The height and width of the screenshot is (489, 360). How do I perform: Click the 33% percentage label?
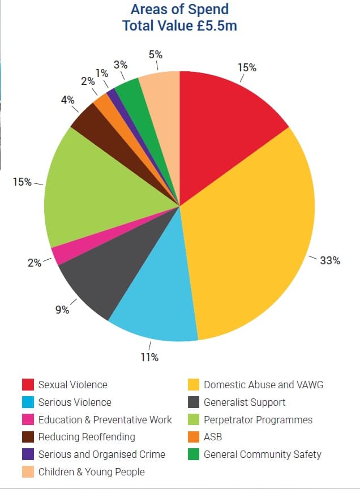(330, 260)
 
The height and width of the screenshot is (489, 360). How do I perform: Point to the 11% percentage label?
(149, 357)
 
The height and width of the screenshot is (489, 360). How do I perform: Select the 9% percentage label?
(62, 310)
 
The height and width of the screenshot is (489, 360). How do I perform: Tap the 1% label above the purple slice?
(102, 73)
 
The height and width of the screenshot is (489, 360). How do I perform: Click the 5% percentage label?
(156, 55)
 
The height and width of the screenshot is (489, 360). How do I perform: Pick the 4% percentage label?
(67, 100)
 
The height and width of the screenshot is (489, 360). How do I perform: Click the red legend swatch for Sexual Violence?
(28, 385)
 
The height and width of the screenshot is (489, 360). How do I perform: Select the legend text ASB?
(213, 437)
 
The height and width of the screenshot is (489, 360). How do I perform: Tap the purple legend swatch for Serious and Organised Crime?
(28, 454)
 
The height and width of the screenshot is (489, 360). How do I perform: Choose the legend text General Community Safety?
(262, 454)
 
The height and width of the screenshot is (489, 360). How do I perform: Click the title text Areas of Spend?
(169, 10)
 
